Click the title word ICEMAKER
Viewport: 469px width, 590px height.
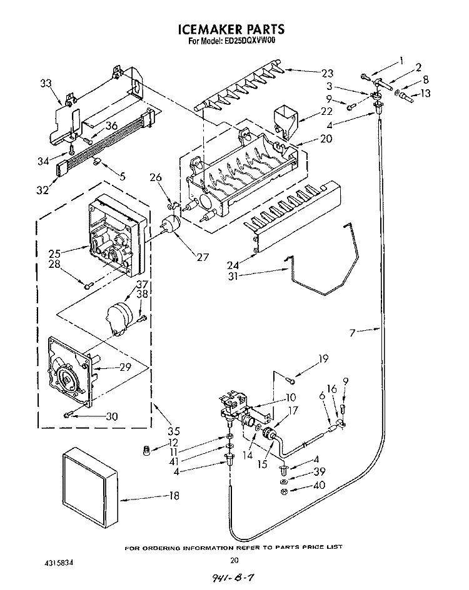pyautogui.click(x=209, y=29)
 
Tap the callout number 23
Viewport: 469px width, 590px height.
pyautogui.click(x=327, y=73)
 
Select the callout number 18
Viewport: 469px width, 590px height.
pyautogui.click(x=174, y=496)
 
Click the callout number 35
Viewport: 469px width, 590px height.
pyautogui.click(x=173, y=430)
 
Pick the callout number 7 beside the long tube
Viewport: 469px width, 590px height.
pyautogui.click(x=352, y=332)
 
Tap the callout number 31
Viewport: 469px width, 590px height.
pyautogui.click(x=233, y=276)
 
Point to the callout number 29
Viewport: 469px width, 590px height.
pyautogui.click(x=125, y=367)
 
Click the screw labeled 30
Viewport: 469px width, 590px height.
pyautogui.click(x=68, y=415)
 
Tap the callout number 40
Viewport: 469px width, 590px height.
pyautogui.click(x=319, y=485)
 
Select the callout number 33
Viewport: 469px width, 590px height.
pyautogui.click(x=46, y=83)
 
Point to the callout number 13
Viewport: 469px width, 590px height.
pyautogui.click(x=425, y=93)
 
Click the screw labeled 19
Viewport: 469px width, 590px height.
pyautogui.click(x=291, y=381)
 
